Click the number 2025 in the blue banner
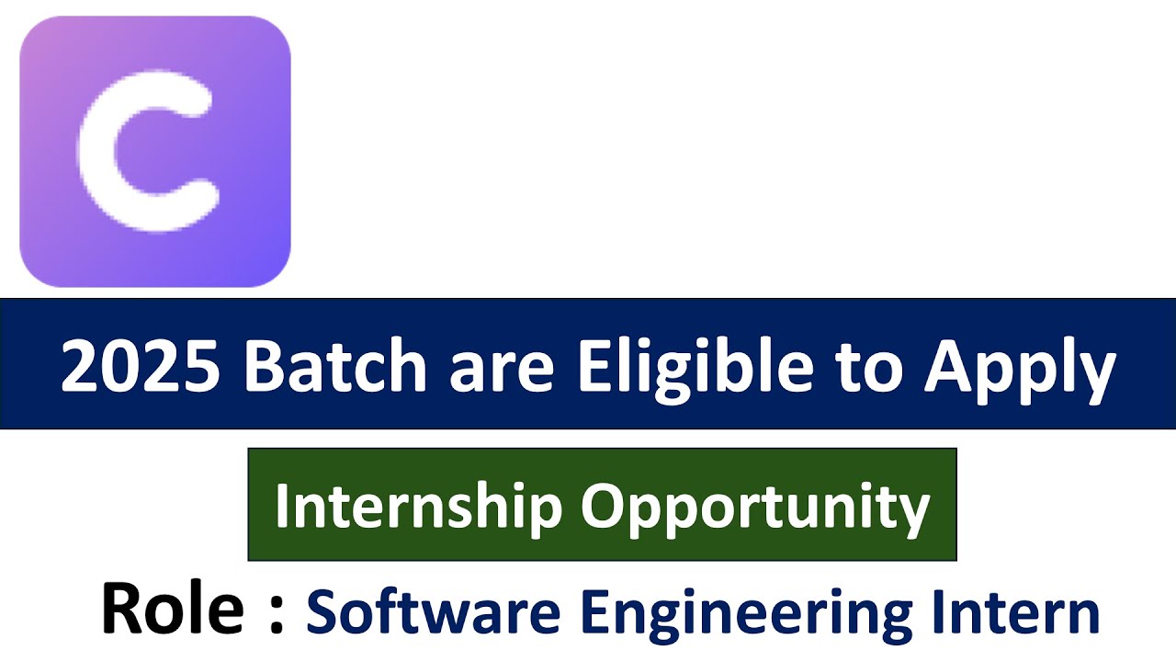(x=140, y=366)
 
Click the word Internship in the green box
(x=418, y=506)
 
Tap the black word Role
(x=172, y=609)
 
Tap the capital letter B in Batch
(x=265, y=366)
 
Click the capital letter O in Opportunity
(x=601, y=506)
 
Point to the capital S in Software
(x=322, y=612)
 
